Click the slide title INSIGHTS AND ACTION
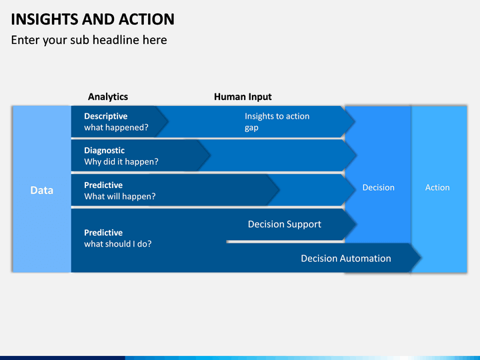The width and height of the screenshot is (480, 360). coord(93,19)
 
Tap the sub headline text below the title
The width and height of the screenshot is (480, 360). coord(89,40)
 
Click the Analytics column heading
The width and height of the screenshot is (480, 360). coord(108,97)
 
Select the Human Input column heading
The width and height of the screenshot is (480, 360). coord(243,97)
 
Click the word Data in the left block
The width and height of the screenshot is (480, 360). coord(41,191)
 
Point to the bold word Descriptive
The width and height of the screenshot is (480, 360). coord(106,116)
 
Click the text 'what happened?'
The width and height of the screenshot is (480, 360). coord(116,127)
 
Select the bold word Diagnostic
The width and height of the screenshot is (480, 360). coord(105,150)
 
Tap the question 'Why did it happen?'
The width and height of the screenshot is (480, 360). coord(121,161)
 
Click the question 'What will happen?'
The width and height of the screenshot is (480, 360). coord(120,196)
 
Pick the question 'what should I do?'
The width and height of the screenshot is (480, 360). coord(118,244)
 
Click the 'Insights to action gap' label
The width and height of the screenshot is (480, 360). coord(277,122)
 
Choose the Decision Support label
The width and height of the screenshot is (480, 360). coord(285,225)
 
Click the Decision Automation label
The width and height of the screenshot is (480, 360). coord(346,259)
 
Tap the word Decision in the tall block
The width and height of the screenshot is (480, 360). coord(379,187)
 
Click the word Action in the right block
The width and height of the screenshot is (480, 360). coord(437,187)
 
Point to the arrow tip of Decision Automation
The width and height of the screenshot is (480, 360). coord(421,258)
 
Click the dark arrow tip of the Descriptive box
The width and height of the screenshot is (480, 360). coord(168,121)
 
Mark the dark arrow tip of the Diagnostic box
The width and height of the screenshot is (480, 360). coord(210,155)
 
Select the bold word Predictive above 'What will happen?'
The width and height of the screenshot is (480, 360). coord(103,185)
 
